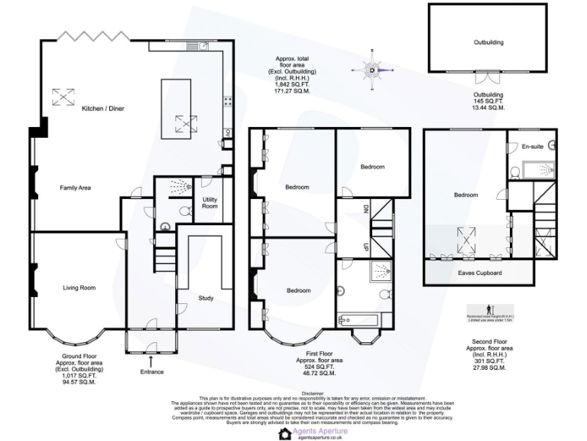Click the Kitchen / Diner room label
point(103,109)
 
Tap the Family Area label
point(76,187)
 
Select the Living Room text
point(79,287)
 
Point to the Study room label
point(206,298)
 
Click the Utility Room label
point(209,203)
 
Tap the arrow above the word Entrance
point(151,360)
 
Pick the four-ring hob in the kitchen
point(228,100)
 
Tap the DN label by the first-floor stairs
point(365,208)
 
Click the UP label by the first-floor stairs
point(365,247)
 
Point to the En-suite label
point(531,146)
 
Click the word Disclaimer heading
point(293,393)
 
